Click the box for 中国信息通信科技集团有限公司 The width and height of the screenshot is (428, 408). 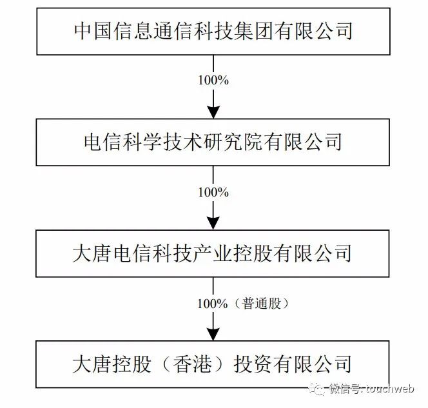(x=213, y=31)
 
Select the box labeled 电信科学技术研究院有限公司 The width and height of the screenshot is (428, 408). (x=213, y=142)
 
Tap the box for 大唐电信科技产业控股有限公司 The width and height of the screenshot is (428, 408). (x=213, y=253)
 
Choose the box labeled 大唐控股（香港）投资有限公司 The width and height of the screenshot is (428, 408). (x=213, y=364)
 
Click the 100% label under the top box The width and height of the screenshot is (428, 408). (x=213, y=80)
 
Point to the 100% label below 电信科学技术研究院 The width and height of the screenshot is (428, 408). (x=213, y=191)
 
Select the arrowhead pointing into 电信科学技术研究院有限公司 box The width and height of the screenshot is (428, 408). (x=213, y=112)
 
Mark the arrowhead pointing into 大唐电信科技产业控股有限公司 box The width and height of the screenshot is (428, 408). (x=213, y=223)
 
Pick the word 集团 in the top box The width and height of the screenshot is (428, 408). (x=265, y=31)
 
